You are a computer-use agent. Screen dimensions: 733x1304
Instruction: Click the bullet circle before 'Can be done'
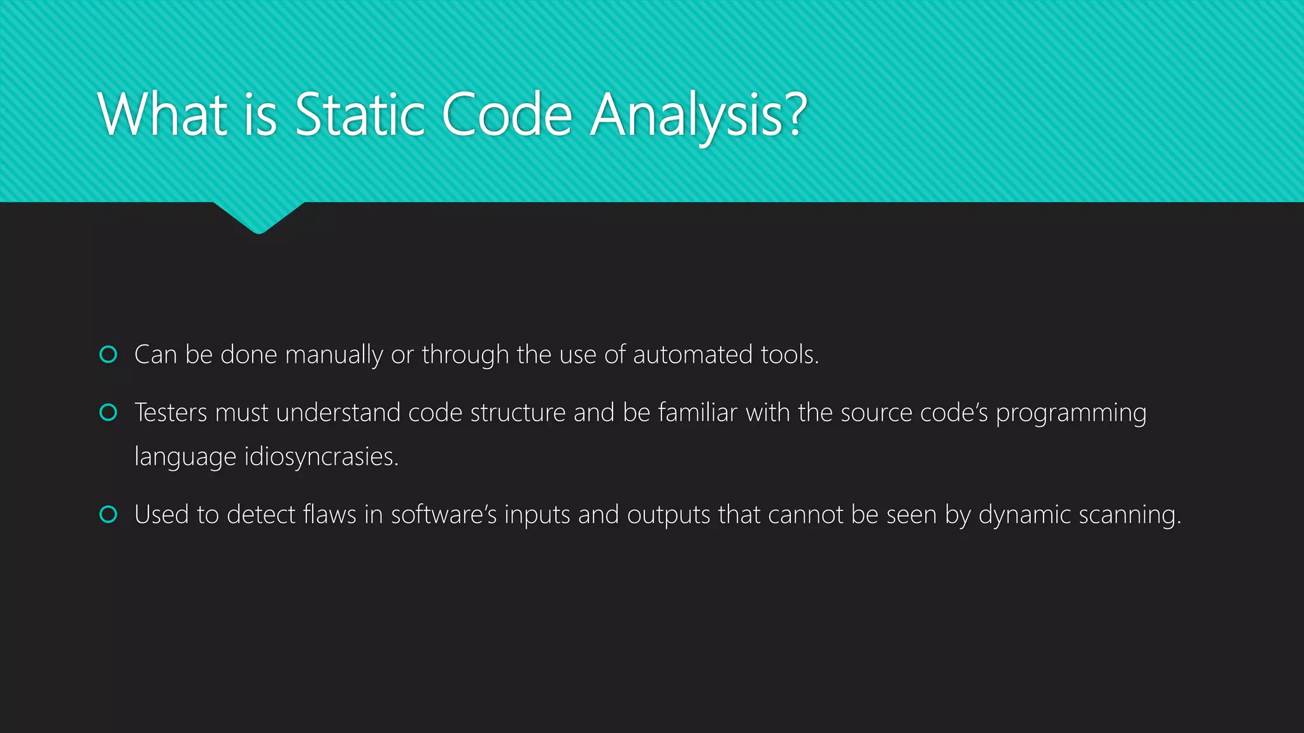point(109,354)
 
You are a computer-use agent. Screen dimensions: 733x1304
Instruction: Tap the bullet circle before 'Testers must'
point(109,412)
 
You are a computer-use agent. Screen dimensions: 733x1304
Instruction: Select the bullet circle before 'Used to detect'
point(109,514)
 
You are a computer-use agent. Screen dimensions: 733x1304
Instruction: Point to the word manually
point(334,355)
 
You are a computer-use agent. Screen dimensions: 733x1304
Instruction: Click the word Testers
point(171,412)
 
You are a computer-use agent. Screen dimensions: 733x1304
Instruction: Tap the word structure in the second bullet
point(518,412)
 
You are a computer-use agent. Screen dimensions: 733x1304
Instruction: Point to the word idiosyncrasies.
point(321,457)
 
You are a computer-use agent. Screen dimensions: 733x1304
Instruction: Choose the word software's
point(443,514)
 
